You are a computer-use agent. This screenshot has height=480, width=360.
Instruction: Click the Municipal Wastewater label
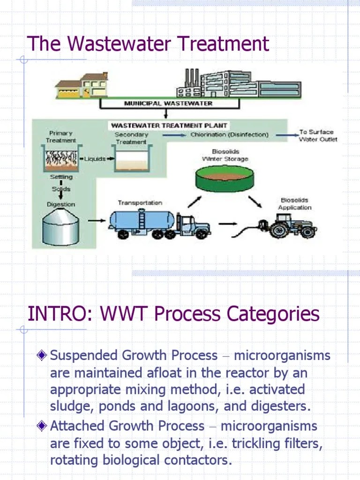(168, 103)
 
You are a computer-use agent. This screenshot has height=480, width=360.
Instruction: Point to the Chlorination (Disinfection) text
(229, 135)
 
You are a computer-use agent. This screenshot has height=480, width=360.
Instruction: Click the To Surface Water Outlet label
(317, 136)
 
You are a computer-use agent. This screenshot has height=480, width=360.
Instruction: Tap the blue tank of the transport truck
(140, 219)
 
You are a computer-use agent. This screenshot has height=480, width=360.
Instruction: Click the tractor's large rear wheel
(280, 230)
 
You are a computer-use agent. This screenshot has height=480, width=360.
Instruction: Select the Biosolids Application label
(294, 204)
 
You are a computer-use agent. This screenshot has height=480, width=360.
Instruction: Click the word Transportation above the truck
(140, 203)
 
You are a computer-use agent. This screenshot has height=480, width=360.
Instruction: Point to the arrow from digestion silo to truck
(97, 220)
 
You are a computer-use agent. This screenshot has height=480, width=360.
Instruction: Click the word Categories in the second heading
(273, 314)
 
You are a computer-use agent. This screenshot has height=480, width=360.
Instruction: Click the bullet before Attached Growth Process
(43, 426)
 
